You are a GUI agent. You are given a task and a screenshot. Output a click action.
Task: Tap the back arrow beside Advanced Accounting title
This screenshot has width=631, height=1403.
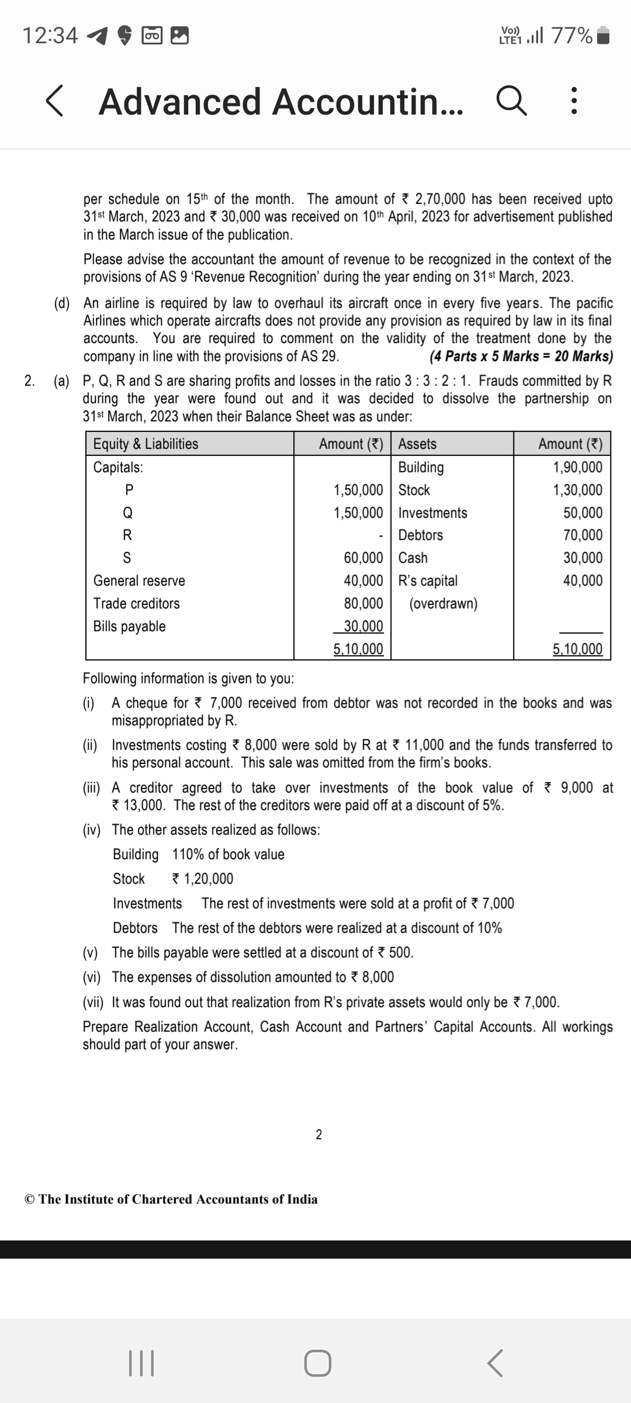click(x=54, y=101)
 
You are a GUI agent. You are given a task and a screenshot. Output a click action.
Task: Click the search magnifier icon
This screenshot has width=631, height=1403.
click(x=512, y=101)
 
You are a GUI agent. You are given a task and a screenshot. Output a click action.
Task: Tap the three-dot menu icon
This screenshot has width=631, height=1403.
click(x=574, y=101)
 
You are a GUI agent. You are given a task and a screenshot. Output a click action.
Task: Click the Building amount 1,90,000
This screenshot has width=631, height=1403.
click(x=577, y=467)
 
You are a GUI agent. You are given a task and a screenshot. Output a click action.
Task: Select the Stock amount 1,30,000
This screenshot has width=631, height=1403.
click(x=577, y=490)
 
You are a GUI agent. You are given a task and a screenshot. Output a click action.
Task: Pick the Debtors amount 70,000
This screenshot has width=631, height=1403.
click(x=583, y=535)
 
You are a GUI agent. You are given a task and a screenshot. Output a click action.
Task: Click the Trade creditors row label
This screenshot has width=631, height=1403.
click(x=137, y=603)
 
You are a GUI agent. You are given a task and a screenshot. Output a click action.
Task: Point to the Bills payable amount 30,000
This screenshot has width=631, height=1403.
click(x=363, y=626)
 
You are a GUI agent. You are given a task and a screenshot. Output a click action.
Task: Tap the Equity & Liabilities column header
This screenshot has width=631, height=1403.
click(x=146, y=444)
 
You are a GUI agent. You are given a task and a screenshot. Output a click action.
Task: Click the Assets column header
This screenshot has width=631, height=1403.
click(x=417, y=444)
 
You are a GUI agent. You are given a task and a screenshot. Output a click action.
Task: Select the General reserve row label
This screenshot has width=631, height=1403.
click(x=139, y=580)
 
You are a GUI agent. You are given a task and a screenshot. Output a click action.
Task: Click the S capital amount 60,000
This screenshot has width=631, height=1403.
click(x=363, y=558)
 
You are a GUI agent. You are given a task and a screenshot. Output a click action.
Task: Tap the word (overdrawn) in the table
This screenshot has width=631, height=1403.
click(x=443, y=603)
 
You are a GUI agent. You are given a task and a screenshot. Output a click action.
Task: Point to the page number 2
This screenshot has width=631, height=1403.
click(x=318, y=1135)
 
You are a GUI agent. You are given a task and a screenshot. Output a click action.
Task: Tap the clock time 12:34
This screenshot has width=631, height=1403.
click(x=50, y=36)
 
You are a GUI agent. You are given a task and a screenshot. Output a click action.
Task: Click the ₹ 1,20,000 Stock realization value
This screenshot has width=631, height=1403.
click(x=203, y=879)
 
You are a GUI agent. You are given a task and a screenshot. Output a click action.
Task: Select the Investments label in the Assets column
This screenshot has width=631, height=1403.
click(x=432, y=513)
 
